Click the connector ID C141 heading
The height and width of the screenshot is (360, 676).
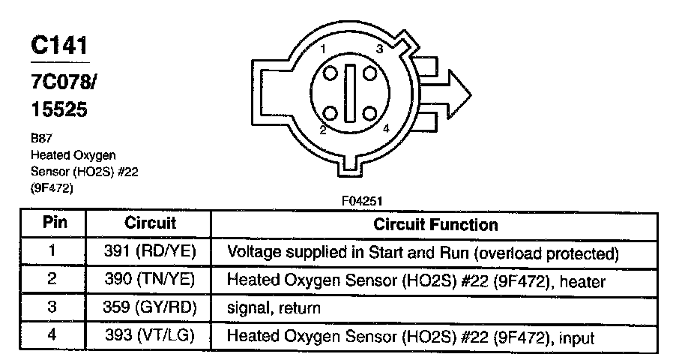pos(59,46)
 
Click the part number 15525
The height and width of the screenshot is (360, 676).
pos(59,110)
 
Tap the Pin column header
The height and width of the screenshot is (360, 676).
pos(52,223)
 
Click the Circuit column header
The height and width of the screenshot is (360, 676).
pos(150,223)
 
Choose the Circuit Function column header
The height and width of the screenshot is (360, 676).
pos(435,224)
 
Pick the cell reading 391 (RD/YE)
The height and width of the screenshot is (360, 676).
pos(150,251)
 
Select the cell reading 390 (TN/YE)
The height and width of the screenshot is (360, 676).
pos(150,280)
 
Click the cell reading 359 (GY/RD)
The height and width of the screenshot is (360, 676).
pos(150,308)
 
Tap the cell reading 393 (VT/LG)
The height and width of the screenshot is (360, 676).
pos(150,337)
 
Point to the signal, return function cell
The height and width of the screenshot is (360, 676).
pos(274,308)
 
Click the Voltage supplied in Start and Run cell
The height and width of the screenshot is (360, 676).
pos(423,251)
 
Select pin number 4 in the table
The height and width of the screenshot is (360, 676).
pos(52,337)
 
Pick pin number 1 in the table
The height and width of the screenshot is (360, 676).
pos(52,251)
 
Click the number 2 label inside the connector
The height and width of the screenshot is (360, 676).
pos(322,130)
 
